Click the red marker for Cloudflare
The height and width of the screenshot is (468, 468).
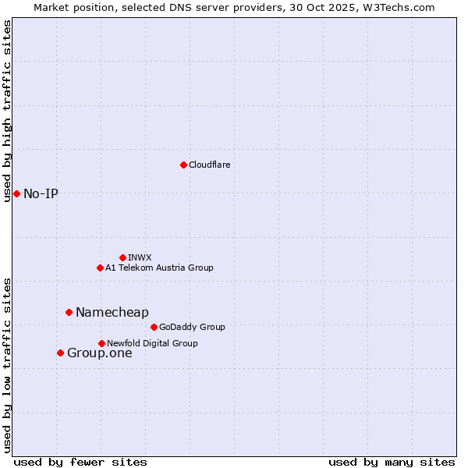pos(183,165)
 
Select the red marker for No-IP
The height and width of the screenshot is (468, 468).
pos(16,193)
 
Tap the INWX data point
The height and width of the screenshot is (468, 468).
pos(122,257)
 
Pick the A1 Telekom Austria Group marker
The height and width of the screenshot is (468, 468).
pos(100,268)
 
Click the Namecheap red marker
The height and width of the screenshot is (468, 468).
pos(69,312)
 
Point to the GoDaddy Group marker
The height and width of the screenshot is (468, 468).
pos(154,327)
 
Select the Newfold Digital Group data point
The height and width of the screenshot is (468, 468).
pos(101,343)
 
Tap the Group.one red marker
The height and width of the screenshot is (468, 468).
pos(60,353)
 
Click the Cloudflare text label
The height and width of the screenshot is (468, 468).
pos(209,165)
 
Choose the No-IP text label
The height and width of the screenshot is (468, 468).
pos(41,193)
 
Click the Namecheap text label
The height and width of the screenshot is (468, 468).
pos(112,312)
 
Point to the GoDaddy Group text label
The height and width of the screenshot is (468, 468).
pos(192,327)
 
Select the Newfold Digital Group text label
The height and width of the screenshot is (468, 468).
pos(152,343)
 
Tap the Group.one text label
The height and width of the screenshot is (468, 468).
pos(99,353)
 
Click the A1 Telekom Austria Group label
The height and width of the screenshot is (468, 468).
pos(159,268)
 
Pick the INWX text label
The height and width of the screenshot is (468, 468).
pos(140,257)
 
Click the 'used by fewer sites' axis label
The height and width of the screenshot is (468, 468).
pos(80,462)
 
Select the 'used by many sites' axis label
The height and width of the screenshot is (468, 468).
pos(392,462)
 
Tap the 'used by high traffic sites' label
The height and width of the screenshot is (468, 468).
pos(7,112)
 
